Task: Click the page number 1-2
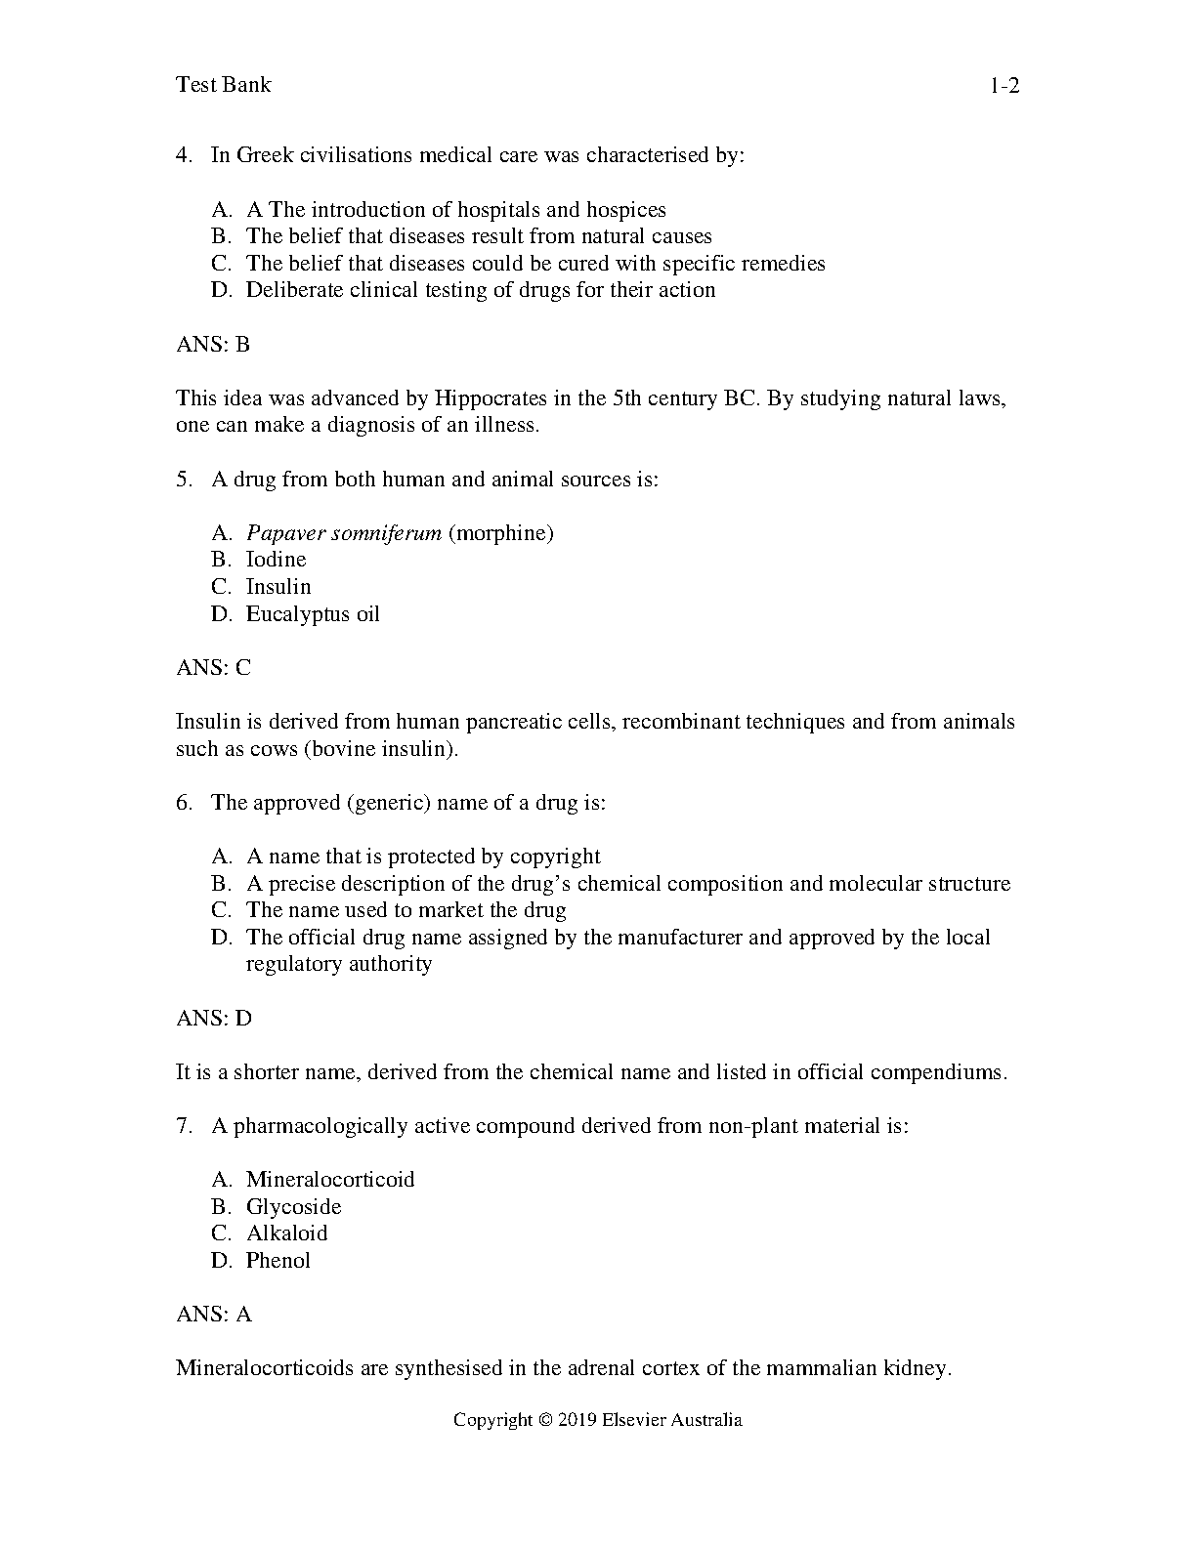[1004, 86]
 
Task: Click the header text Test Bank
[223, 85]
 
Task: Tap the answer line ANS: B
[213, 344]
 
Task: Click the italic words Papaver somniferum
[344, 533]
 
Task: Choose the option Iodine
[276, 560]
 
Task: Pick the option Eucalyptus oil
[313, 614]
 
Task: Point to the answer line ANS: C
[213, 668]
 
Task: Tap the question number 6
[184, 803]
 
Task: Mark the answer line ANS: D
[213, 1019]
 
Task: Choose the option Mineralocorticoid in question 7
[330, 1180]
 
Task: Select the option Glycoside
[293, 1207]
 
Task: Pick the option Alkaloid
[286, 1233]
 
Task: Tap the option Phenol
[278, 1261]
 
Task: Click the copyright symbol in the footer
[545, 1421]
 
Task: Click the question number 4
[184, 155]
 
